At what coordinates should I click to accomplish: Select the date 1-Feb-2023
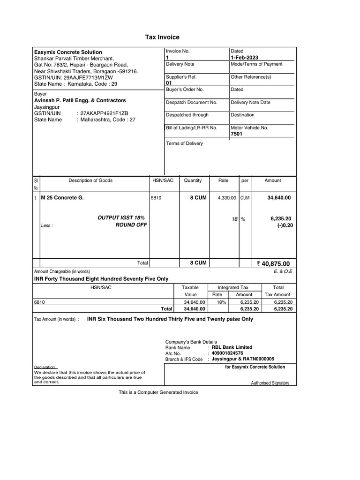[x=244, y=57]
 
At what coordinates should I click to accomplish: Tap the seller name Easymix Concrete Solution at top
[x=68, y=52]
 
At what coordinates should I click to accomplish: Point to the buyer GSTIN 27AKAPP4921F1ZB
[x=104, y=113]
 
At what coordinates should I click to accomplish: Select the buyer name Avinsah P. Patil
[x=80, y=100]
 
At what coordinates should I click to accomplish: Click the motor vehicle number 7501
[x=237, y=134]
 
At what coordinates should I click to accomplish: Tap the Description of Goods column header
[x=90, y=180]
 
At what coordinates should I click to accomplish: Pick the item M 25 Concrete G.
[x=62, y=198]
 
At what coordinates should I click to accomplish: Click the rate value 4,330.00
[x=226, y=198]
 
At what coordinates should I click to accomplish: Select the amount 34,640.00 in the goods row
[x=279, y=198]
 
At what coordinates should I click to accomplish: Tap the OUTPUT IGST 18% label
[x=121, y=218]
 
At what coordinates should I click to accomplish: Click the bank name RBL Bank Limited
[x=232, y=347]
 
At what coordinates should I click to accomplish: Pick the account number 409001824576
[x=227, y=353]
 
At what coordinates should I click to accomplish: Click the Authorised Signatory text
[x=270, y=383]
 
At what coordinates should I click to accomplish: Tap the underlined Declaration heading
[x=45, y=367]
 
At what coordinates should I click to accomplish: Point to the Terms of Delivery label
[x=184, y=143]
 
